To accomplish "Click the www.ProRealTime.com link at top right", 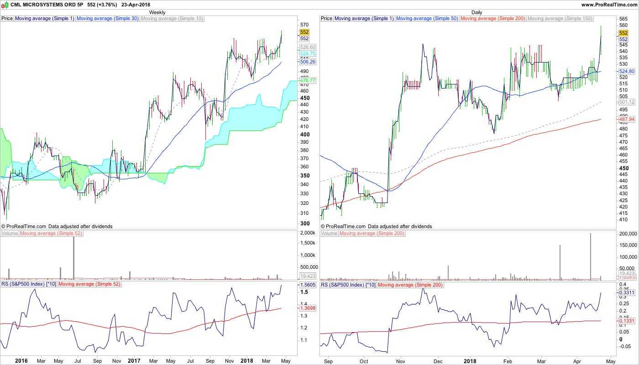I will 609,5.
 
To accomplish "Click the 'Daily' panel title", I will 477,12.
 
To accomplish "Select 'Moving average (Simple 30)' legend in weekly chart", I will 108,19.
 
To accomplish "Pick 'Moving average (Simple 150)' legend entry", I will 560,19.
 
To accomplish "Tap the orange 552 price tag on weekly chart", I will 304,32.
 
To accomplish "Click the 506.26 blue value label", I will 308,62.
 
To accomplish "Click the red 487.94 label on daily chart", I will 626,119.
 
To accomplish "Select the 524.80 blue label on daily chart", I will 626,72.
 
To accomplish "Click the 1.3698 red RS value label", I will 307,308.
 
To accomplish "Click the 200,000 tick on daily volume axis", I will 628,234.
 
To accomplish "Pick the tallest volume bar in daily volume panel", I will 591,256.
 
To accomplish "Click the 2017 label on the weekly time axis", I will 134,361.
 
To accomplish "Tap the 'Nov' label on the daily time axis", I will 400,361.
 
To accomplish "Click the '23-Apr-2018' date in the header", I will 136,5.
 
